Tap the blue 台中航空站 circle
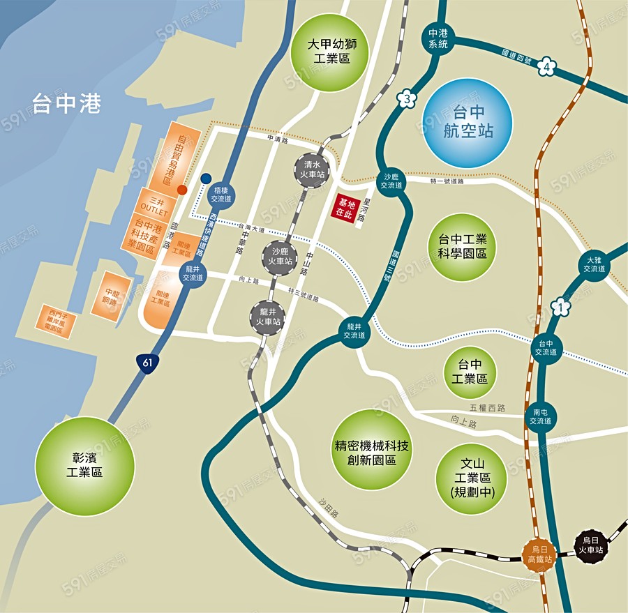[468, 123]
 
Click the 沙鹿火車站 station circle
[280, 256]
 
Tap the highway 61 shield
[146, 363]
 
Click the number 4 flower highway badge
[547, 68]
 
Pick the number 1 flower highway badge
[558, 305]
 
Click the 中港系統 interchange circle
[438, 38]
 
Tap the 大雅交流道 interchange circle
[595, 264]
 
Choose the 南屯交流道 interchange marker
[540, 416]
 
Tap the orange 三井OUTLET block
[155, 204]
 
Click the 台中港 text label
[66, 105]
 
